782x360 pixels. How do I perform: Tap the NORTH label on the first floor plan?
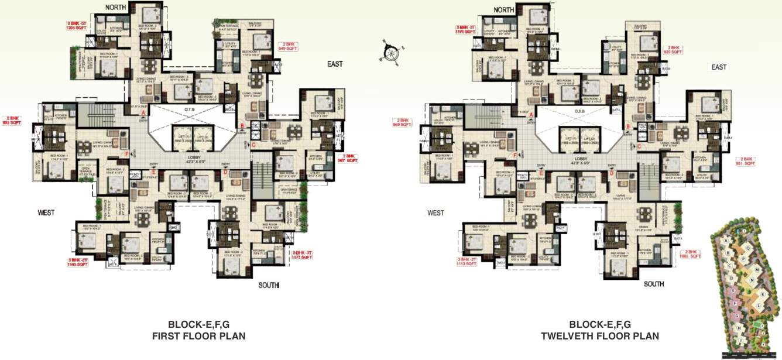tap(117, 7)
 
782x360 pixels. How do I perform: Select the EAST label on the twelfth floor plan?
tap(719, 67)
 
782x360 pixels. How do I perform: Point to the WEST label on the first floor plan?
tap(46, 212)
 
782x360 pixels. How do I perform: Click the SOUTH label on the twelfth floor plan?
tap(654, 284)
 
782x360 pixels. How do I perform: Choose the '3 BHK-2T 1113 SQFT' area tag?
tap(466, 261)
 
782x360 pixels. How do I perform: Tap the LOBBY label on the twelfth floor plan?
tap(581, 159)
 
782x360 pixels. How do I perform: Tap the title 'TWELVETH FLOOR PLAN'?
tap(600, 336)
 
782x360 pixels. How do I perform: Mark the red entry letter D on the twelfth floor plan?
tap(612, 173)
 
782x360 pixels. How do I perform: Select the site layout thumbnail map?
tap(745, 289)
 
